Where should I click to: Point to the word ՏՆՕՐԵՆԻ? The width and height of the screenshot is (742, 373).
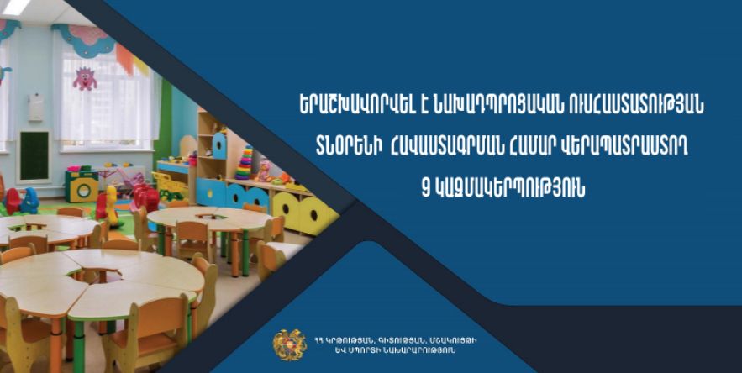pyautogui.click(x=349, y=148)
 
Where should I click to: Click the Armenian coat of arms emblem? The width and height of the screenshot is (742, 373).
pyautogui.click(x=290, y=345)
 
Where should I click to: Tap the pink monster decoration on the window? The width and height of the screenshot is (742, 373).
pyautogui.click(x=85, y=78)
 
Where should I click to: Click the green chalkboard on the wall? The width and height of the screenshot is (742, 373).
pyautogui.click(x=34, y=155)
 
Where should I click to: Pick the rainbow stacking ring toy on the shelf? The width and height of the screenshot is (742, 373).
pyautogui.click(x=245, y=163)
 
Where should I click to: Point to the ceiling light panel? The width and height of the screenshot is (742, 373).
pyautogui.click(x=17, y=6)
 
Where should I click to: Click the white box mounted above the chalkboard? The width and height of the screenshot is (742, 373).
pyautogui.click(x=36, y=107)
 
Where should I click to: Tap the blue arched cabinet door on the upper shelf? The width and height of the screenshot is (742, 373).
pyautogui.click(x=219, y=146)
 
